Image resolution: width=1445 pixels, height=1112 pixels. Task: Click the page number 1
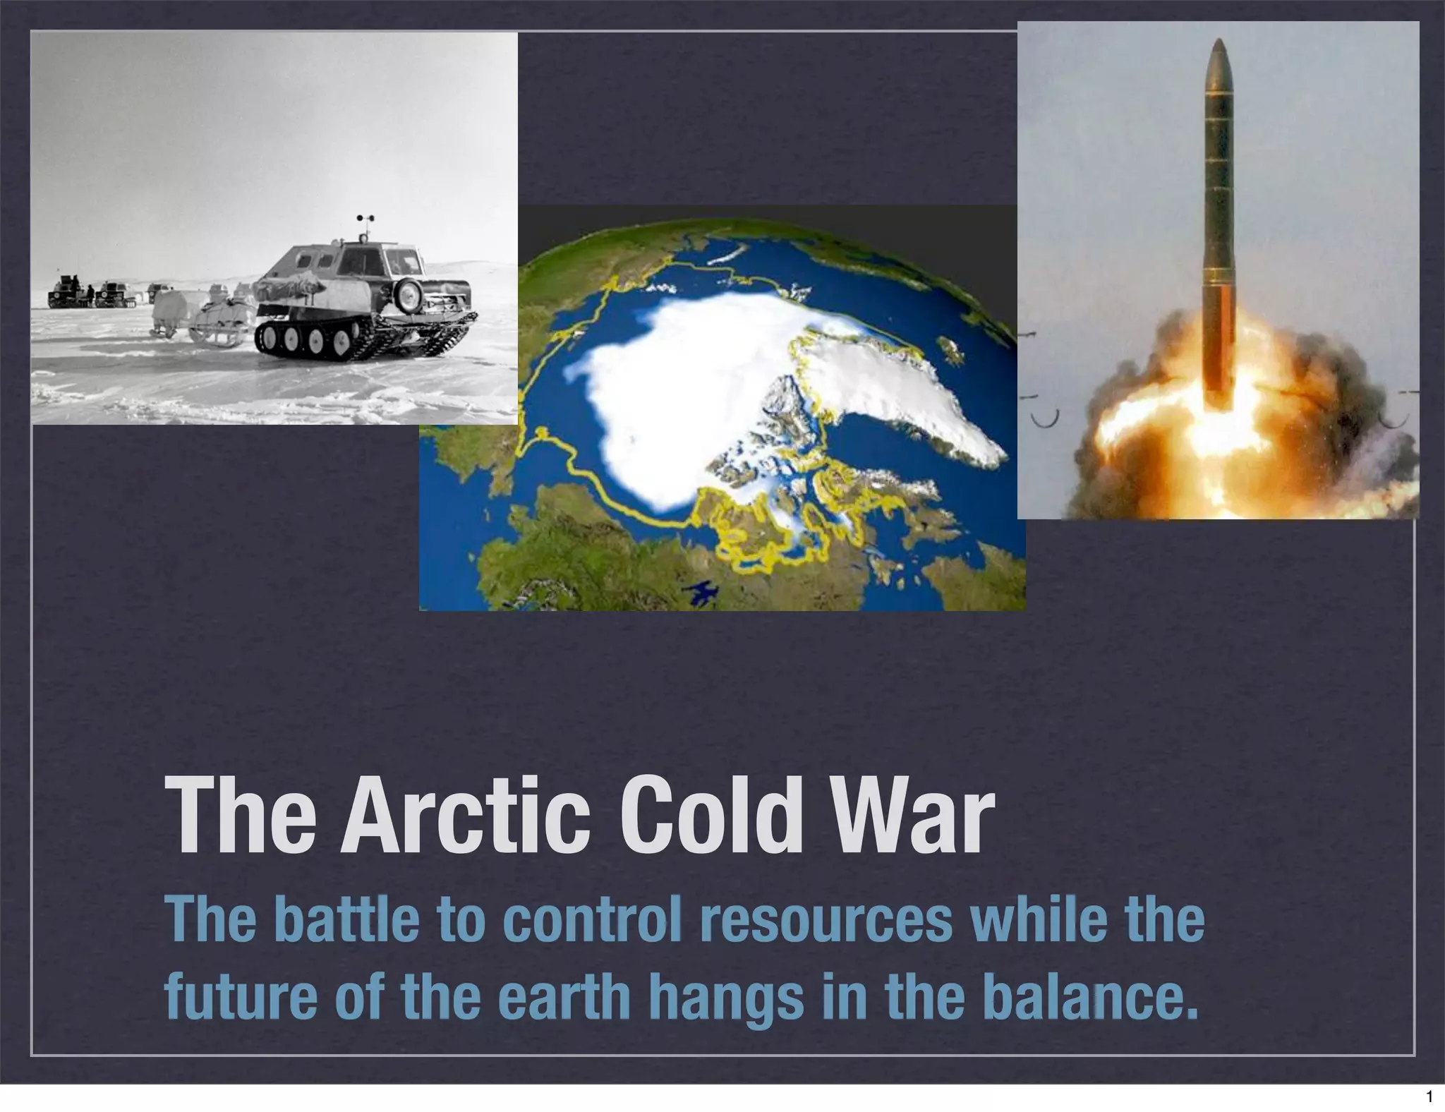(1429, 1097)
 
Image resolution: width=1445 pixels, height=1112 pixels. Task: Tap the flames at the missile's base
(1199, 437)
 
